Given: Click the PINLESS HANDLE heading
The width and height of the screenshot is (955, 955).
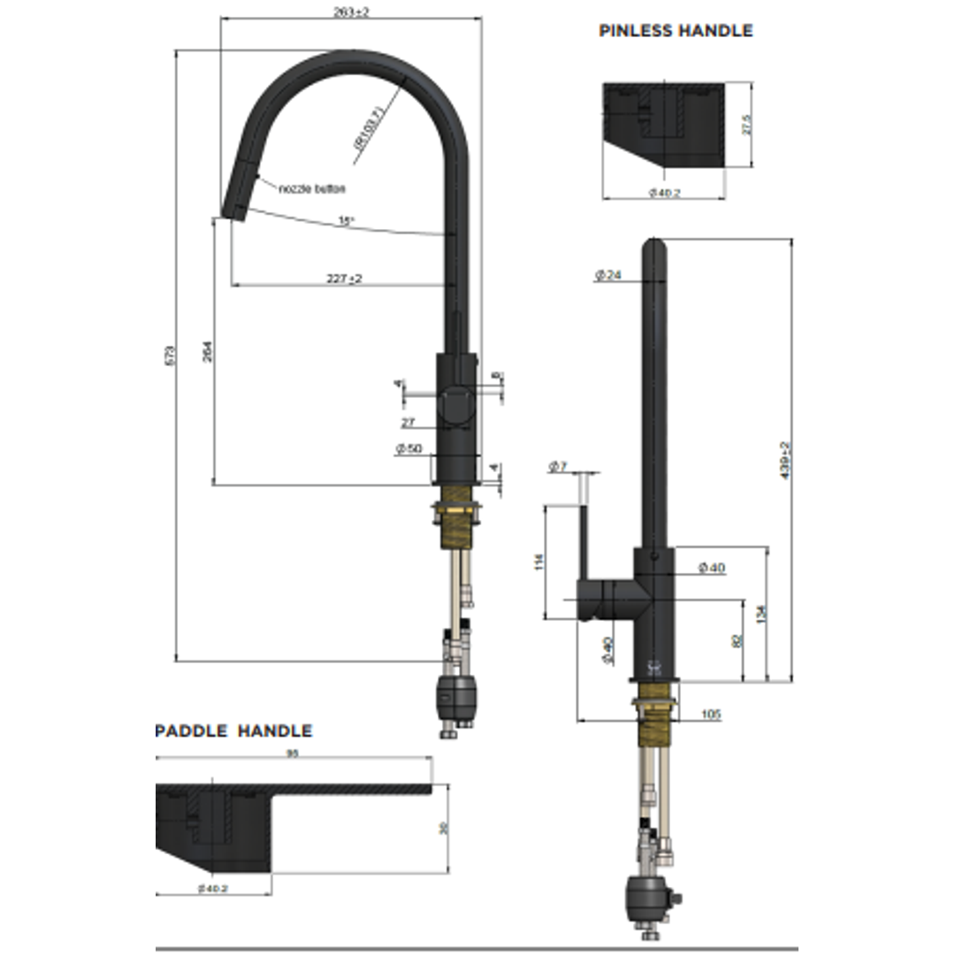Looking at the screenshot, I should tap(676, 31).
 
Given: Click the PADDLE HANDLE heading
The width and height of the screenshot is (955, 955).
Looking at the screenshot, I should tap(233, 731).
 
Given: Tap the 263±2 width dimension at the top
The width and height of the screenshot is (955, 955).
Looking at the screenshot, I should tap(352, 11).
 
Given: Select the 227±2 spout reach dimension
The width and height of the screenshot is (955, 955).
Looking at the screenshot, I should tap(344, 279).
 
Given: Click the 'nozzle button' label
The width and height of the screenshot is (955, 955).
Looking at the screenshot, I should tap(311, 188).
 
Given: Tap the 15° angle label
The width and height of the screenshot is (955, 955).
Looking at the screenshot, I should tap(346, 221).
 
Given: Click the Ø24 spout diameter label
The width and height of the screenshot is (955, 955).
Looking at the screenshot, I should tap(608, 276).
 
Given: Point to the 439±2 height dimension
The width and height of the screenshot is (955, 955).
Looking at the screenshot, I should tap(785, 460).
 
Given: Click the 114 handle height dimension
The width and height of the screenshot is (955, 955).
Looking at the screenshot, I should tap(539, 562).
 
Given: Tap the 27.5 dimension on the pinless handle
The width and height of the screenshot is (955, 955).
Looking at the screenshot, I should tap(746, 125).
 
